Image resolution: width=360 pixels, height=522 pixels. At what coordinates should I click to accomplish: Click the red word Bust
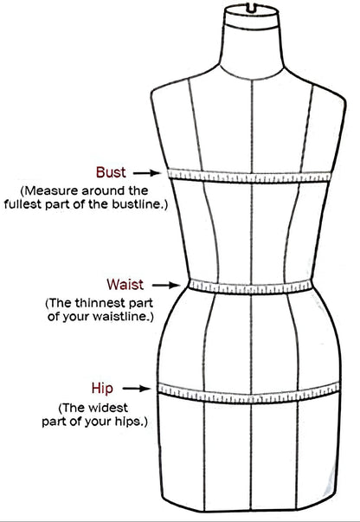[x=111, y=172]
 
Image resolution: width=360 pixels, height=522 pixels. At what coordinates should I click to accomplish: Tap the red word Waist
[x=125, y=284]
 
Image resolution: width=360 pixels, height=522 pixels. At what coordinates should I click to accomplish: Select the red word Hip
[x=102, y=389]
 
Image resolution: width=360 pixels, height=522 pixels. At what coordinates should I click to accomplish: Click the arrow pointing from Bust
[x=147, y=173]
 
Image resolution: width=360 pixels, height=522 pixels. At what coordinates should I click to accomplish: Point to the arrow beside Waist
[x=166, y=285]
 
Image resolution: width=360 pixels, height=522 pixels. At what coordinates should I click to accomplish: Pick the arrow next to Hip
[x=137, y=389]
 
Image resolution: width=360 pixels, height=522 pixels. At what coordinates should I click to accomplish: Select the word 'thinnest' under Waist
[x=99, y=303]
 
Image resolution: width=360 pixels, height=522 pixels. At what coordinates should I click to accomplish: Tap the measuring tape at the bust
[x=249, y=177]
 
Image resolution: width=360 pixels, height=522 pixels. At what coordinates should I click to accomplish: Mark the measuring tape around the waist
[x=251, y=287]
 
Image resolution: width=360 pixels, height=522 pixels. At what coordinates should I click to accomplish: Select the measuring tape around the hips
[x=248, y=394]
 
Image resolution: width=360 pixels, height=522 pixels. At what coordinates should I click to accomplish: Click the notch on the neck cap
[x=252, y=8]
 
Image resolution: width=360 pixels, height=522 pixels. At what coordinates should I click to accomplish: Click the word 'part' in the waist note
[x=139, y=304]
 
